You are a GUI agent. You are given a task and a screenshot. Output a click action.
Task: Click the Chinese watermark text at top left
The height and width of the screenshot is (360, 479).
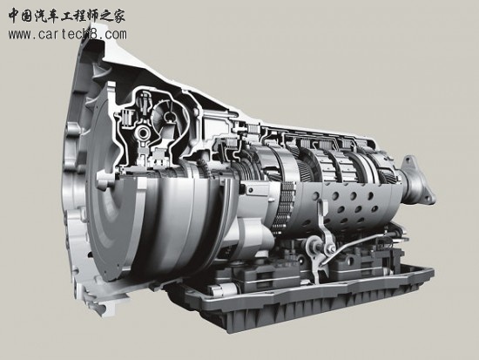coord(66,16)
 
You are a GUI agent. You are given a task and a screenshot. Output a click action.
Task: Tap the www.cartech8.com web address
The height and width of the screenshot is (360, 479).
coord(68,34)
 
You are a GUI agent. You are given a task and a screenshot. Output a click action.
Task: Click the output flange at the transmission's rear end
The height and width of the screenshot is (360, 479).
coord(419,181)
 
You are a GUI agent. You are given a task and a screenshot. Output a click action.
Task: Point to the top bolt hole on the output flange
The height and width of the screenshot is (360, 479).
coord(408,160)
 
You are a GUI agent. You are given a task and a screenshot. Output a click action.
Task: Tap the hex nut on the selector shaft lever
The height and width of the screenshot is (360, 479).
coord(313,244)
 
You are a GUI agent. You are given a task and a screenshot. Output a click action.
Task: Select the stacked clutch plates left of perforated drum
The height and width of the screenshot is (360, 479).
coord(285,207)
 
